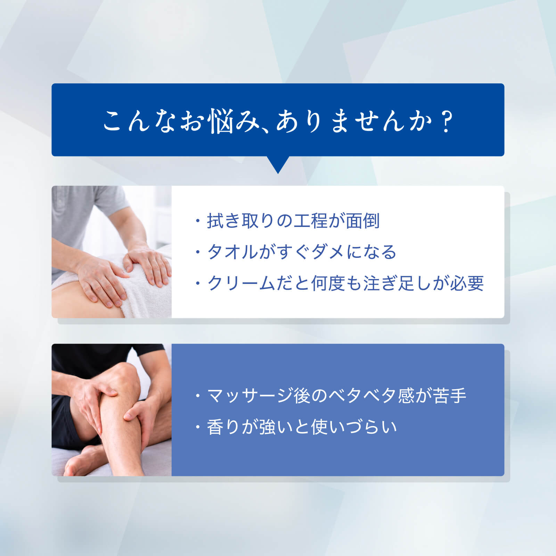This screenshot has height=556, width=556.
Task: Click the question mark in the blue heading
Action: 446,121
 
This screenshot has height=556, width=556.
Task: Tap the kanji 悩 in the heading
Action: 220,122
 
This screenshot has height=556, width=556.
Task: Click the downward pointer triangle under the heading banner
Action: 278,165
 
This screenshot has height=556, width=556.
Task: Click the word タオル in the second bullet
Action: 233,252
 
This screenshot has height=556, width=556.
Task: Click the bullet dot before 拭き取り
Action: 198,221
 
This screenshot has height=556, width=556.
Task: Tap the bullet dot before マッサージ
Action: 198,396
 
